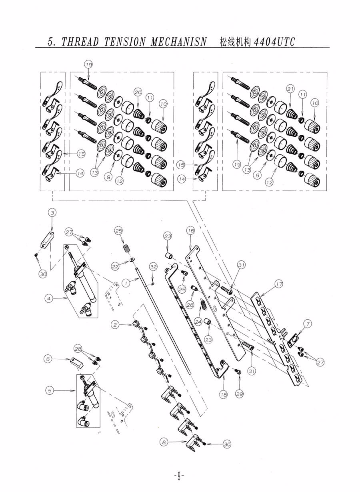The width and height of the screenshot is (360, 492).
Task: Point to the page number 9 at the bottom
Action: click(x=179, y=476)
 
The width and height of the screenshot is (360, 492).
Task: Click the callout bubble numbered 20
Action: click(x=138, y=92)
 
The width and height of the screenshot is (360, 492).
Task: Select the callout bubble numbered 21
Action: click(x=290, y=89)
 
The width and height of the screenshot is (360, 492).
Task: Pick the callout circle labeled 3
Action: click(x=52, y=213)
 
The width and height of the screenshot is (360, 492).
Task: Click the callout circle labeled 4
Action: click(x=49, y=298)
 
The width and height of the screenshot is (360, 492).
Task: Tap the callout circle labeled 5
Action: click(x=49, y=390)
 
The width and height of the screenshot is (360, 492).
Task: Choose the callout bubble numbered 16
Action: click(x=190, y=231)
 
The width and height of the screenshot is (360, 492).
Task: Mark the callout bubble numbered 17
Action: click(x=279, y=284)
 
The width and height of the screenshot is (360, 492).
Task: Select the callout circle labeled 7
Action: click(x=307, y=323)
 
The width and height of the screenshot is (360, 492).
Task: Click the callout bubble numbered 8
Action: click(x=164, y=442)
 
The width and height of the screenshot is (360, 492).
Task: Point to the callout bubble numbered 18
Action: click(x=223, y=395)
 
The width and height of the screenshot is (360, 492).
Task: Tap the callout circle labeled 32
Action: click(x=153, y=266)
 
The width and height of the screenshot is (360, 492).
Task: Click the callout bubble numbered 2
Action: click(x=115, y=325)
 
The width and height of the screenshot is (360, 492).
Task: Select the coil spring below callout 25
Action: click(x=126, y=248)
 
